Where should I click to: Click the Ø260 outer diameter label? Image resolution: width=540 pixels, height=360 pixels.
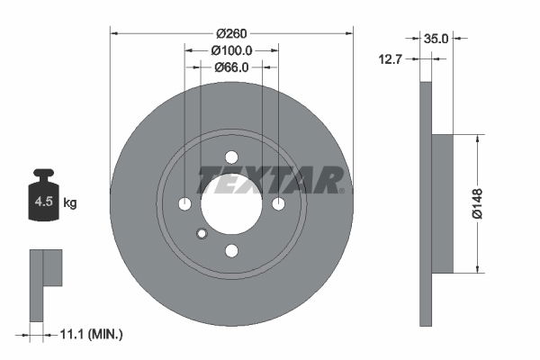[x=231, y=34]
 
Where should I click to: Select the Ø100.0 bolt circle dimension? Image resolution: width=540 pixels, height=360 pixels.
[x=231, y=51]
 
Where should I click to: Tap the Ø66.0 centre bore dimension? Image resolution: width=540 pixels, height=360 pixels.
[x=231, y=67]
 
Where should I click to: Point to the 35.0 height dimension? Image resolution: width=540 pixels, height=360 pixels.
[x=436, y=39]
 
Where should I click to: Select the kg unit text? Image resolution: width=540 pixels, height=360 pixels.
[x=70, y=203]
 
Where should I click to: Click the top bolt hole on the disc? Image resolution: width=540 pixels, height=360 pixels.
[x=231, y=156]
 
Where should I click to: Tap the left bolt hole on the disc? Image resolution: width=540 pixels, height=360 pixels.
[x=185, y=203]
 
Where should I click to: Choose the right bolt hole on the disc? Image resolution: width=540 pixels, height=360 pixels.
[x=278, y=203]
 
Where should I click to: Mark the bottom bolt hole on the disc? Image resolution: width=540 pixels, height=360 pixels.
[x=231, y=250]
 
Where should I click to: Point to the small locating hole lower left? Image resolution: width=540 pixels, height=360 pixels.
[x=202, y=234]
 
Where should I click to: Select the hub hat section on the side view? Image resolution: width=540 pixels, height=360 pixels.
[x=442, y=203]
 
